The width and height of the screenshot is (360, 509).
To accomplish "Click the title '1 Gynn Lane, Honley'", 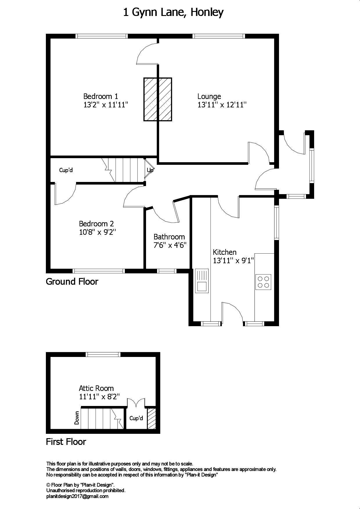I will [173, 12].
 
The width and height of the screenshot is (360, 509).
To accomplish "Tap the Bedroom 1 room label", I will [100, 96].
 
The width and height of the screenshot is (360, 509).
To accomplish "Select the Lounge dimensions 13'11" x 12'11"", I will [222, 105].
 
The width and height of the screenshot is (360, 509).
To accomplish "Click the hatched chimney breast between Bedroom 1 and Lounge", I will [158, 99].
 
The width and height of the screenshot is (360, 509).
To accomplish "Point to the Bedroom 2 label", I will [96, 224].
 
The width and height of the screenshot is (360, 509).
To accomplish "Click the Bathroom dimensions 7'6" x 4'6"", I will [170, 245].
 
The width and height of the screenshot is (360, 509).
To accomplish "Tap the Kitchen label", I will [224, 252].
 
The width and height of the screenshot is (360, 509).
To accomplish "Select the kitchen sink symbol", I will [202, 281].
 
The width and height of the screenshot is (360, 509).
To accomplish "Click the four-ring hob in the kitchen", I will [263, 282].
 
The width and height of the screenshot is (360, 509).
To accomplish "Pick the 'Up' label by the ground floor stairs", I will [150, 170].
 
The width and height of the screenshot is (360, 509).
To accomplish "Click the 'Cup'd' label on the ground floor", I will [66, 170].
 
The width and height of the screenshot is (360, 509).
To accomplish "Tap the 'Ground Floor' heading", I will [72, 281].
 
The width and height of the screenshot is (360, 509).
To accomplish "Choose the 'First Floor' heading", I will [66, 442].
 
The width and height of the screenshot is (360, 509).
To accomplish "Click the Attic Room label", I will [96, 388].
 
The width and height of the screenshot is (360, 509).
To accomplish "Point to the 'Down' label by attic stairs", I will [77, 418].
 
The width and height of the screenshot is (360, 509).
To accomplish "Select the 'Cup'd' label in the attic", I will [136, 418].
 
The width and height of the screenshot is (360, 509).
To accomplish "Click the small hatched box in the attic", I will [152, 419].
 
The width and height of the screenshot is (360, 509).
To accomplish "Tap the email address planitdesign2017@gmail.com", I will [77, 496].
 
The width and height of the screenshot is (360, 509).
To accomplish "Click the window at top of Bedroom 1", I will [102, 36].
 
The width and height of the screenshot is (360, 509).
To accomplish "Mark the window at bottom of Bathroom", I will [167, 271].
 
